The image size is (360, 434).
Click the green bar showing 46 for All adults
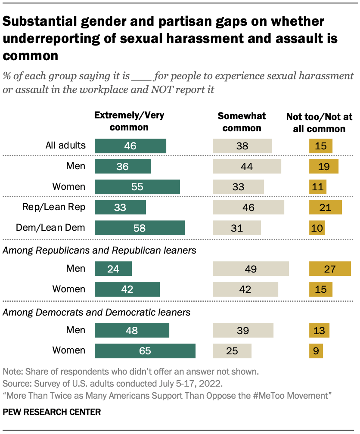point(130,146)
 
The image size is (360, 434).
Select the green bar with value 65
point(145,351)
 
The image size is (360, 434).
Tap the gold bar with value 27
point(330,269)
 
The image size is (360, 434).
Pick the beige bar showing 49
point(251,269)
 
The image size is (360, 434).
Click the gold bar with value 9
point(316,351)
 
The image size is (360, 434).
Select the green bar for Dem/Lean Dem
point(140,228)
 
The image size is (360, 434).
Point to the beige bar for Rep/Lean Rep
point(248,208)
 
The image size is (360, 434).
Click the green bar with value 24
point(113,269)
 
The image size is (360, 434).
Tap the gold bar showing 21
point(325,208)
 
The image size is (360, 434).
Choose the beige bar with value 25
point(232,351)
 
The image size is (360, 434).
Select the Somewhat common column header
point(242,122)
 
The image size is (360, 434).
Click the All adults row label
point(65,146)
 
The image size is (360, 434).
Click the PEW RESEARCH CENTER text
point(52,412)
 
